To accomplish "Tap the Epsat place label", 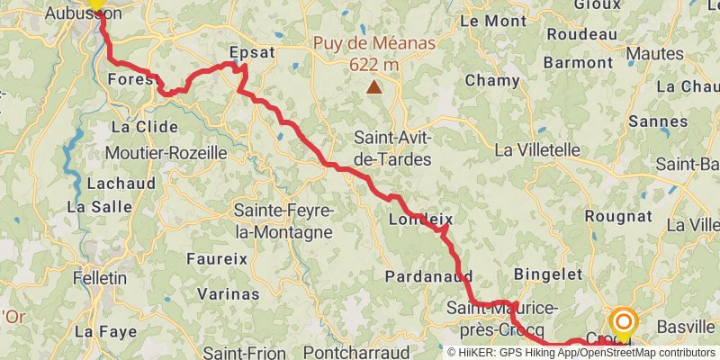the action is [251, 52].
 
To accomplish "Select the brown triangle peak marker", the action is [373, 87].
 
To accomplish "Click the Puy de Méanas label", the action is [373, 42].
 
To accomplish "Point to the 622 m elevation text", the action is [373, 64].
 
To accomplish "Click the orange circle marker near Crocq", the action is [624, 321].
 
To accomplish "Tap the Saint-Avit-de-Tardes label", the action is [393, 148].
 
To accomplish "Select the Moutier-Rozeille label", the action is [166, 153].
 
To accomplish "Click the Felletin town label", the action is [99, 278].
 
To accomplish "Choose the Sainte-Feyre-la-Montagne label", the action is [284, 221].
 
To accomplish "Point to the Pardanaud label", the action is [429, 276].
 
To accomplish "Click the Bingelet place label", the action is [543, 274].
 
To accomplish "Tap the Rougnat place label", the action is [618, 216].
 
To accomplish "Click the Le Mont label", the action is [493, 20].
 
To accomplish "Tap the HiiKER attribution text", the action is [583, 352].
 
